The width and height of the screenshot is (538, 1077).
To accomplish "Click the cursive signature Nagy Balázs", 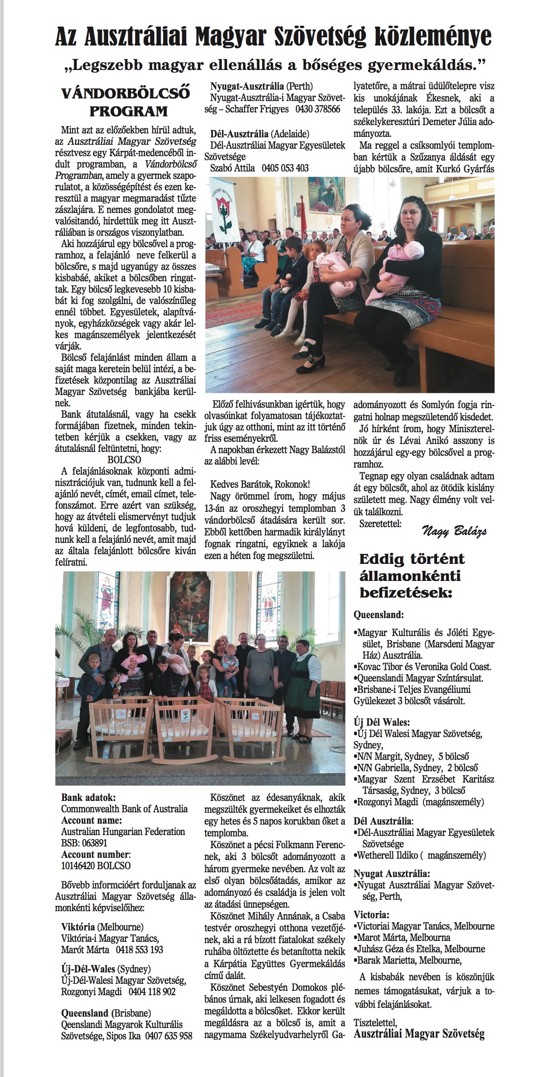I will click(454, 532).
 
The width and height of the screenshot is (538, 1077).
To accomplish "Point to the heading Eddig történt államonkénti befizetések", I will click(411, 576).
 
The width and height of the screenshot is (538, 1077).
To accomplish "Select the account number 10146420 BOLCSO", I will click(96, 866).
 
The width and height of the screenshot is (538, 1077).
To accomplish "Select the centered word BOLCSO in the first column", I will click(124, 460).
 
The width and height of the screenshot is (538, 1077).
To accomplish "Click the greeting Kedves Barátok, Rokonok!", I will click(260, 484).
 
